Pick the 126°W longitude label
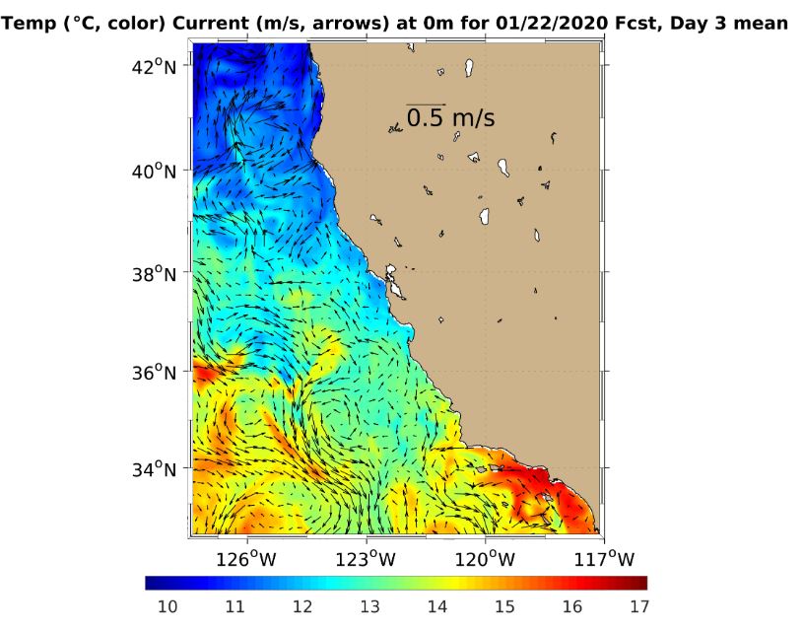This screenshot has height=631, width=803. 247,558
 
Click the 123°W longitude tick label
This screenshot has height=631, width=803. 368,558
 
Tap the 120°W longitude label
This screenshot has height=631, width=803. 487,558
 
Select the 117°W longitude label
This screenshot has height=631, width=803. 605,558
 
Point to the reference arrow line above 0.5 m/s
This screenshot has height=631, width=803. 426,104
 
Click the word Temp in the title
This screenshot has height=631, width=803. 29,23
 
